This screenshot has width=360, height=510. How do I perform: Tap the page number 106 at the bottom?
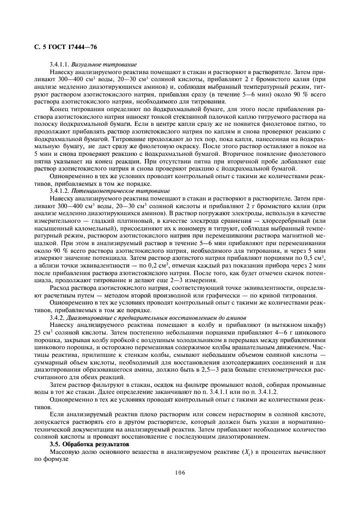[180, 472]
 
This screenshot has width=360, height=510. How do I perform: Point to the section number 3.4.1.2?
[59, 191]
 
